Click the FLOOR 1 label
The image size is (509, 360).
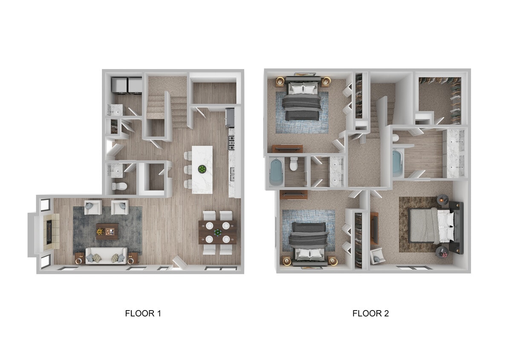pos(143,314)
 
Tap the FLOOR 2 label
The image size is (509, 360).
pos(370,314)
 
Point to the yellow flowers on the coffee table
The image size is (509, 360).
pos(100,232)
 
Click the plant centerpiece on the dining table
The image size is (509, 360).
pos(217,232)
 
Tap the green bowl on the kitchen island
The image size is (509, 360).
pos(201,169)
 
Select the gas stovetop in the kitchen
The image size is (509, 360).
pos(231,143)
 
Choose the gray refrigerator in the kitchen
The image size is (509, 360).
pos(230,117)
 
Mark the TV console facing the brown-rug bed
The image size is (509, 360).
pos(374,227)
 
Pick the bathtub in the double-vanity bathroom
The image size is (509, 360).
pos(397,163)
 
